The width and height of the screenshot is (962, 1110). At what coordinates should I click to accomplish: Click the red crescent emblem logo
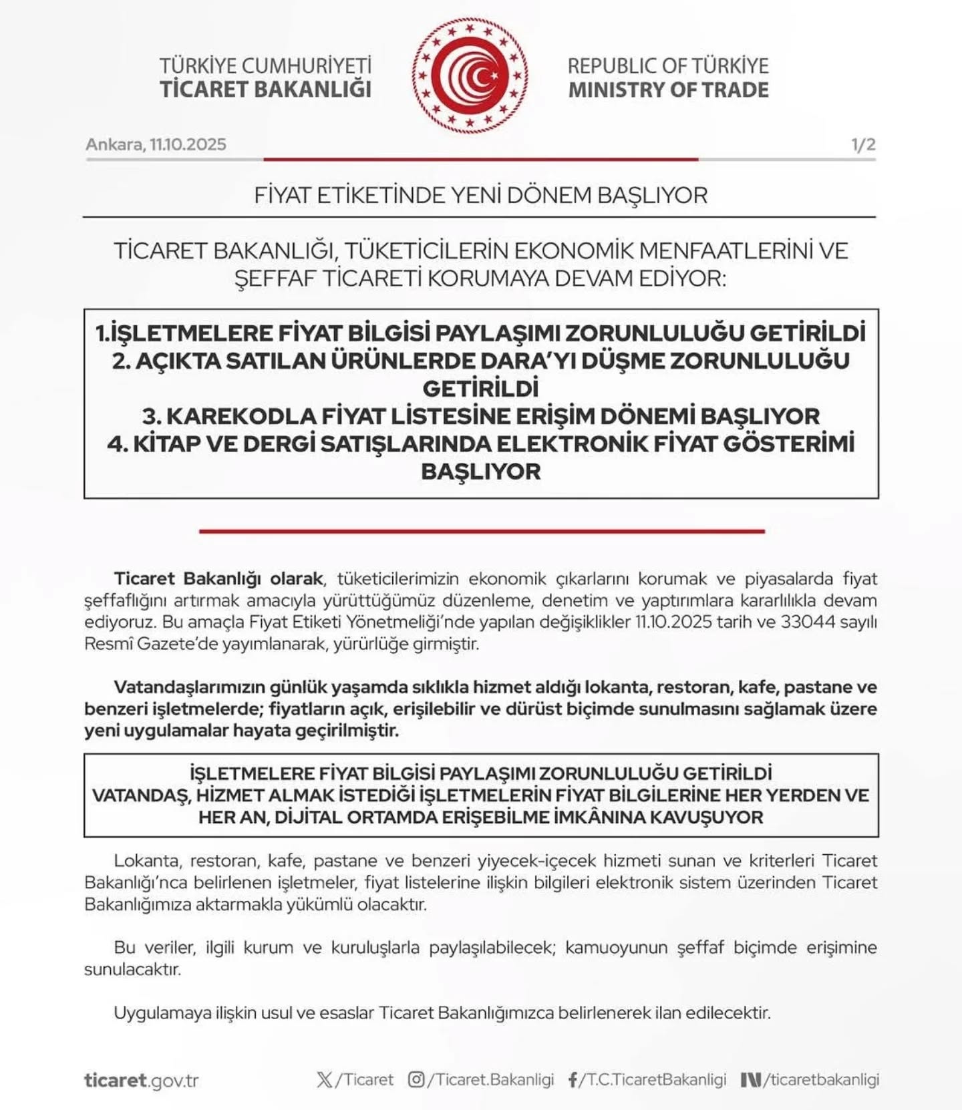click(470, 75)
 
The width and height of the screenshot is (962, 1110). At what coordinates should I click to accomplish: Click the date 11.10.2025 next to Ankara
click(188, 144)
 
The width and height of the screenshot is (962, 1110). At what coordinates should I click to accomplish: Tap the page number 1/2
click(863, 144)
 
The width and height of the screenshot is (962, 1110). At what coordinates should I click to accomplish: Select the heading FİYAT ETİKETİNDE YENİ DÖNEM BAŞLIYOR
click(480, 195)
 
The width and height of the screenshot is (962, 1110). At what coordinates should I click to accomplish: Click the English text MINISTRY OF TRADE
click(668, 89)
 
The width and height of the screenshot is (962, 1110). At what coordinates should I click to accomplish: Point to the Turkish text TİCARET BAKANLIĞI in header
click(265, 89)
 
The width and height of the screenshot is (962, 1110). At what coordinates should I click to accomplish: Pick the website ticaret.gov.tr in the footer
click(141, 1080)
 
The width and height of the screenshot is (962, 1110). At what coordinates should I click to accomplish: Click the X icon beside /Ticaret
click(325, 1079)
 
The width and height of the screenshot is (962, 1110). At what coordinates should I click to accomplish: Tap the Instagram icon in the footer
click(416, 1079)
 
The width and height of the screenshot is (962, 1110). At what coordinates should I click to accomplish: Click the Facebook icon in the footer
click(573, 1080)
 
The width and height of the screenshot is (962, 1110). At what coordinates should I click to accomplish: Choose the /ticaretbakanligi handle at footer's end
click(821, 1079)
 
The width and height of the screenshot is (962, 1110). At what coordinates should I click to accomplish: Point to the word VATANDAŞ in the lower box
click(140, 795)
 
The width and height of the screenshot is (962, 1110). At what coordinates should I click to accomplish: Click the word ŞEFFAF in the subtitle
click(275, 278)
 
